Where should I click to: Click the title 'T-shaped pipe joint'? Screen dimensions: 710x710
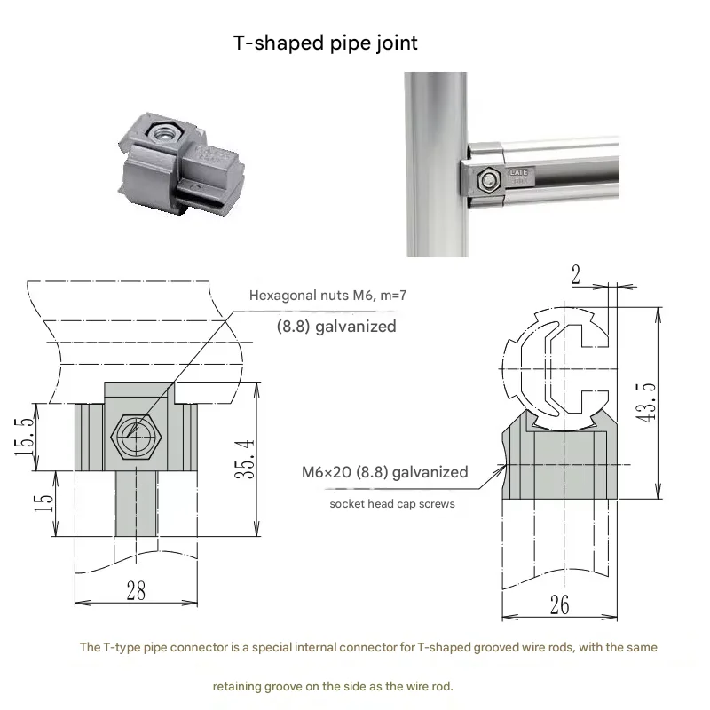[325, 43]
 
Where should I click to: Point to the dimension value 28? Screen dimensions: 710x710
[135, 591]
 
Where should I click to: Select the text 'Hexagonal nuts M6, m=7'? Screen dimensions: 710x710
[327, 296]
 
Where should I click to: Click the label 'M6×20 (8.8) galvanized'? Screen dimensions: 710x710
[384, 472]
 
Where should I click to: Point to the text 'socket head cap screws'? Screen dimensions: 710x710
[392, 504]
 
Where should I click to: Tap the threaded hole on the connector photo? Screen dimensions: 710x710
[162, 132]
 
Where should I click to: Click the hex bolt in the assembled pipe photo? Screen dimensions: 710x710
[489, 182]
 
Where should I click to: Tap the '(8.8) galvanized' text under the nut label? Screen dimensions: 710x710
[335, 326]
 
